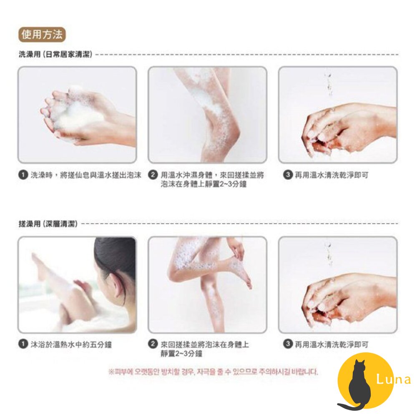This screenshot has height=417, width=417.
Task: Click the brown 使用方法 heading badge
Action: [42, 35]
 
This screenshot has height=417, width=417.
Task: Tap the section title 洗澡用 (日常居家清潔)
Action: [55, 55]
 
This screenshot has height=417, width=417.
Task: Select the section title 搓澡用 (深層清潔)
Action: [48, 224]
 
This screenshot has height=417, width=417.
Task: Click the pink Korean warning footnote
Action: [213, 372]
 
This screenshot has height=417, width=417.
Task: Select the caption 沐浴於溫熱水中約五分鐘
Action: [71, 345]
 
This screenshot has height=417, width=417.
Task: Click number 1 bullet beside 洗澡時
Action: [23, 175]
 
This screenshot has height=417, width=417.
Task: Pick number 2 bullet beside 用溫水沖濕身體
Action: [153, 175]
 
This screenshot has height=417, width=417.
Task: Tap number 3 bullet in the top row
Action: [288, 175]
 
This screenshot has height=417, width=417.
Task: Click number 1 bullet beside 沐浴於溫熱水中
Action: [23, 344]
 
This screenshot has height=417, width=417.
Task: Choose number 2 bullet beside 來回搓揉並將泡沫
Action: [153, 344]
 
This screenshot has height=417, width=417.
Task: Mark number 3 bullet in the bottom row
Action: [288, 344]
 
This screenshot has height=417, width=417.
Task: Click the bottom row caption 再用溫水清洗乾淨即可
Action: [332, 345]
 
